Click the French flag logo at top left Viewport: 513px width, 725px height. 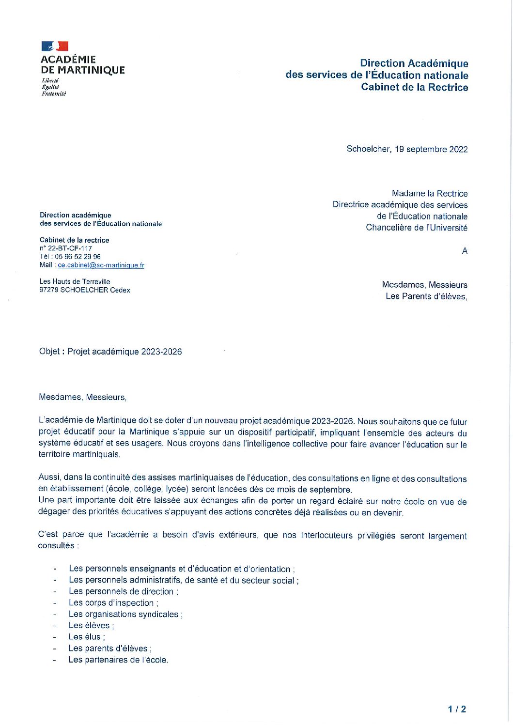[55, 46]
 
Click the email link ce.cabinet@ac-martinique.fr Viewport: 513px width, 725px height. [101, 265]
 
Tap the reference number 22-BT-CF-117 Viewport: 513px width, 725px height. [70, 248]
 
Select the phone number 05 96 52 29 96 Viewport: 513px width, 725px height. [78, 257]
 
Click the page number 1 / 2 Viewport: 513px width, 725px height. [457, 710]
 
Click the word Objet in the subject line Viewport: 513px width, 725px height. [49, 352]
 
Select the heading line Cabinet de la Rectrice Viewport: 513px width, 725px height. [414, 88]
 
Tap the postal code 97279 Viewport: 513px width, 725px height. [49, 290]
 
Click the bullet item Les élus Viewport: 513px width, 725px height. [86, 637]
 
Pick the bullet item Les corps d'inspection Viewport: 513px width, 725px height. [112, 603]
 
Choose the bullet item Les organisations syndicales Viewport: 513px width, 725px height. [125, 614]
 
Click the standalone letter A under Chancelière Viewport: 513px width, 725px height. [465, 251]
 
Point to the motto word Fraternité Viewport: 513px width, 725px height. [54, 94]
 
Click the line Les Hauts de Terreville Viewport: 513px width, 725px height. [75, 281]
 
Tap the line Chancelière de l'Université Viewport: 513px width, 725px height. [417, 228]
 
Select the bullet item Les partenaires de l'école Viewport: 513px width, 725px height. [118, 660]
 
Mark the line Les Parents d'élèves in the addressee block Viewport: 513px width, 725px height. [426, 296]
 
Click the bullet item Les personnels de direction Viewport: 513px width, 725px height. [123, 591]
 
